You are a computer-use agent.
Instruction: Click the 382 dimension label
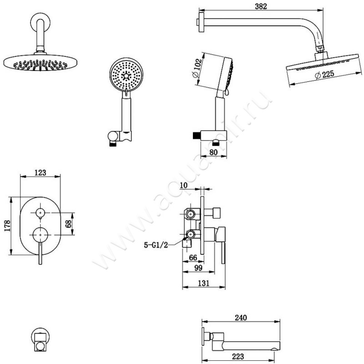tap(261, 6)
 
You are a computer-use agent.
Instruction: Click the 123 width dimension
tap(40, 173)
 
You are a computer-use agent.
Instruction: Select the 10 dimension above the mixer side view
tap(184, 185)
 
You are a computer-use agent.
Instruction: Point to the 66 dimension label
tap(193, 258)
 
